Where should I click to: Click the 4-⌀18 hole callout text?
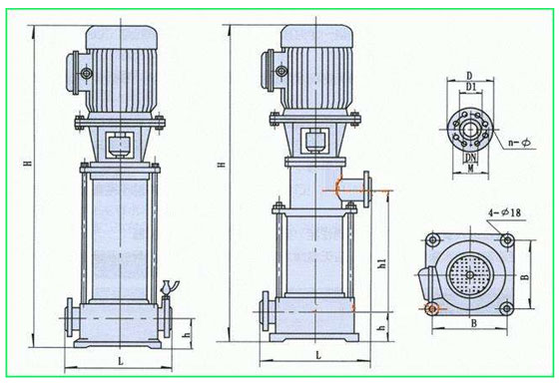pyautogui.click(x=504, y=213)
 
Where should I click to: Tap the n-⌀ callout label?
pyautogui.click(x=519, y=143)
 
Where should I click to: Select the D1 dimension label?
pyautogui.click(x=471, y=87)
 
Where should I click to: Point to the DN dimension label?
pyautogui.click(x=470, y=158)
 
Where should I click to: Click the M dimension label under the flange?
pyautogui.click(x=470, y=169)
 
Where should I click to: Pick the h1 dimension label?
pyautogui.click(x=382, y=263)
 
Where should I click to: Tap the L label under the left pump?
pyautogui.click(x=121, y=361)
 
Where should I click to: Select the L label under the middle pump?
pyautogui.click(x=318, y=355)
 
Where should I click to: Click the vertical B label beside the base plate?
pyautogui.click(x=524, y=276)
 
